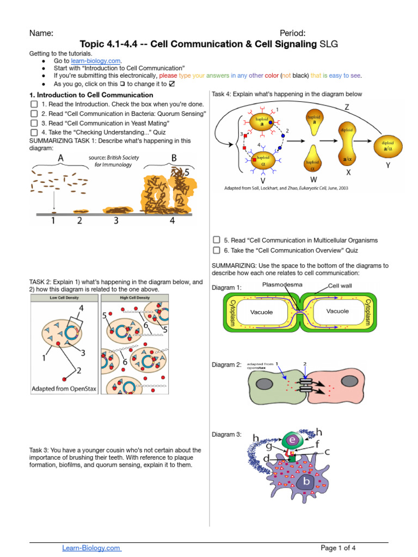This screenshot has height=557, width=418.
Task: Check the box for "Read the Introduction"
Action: pyautogui.click(x=34, y=104)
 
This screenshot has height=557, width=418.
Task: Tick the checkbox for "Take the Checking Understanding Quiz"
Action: pyautogui.click(x=34, y=132)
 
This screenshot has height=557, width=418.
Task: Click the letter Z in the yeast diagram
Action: pyautogui.click(x=347, y=108)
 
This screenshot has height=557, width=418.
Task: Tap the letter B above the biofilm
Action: pyautogui.click(x=174, y=158)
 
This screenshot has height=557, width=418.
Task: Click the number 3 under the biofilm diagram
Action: pyautogui.click(x=116, y=220)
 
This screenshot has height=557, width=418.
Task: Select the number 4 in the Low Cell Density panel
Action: pyautogui.click(x=81, y=308)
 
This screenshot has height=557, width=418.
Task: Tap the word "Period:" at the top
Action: pyautogui.click(x=292, y=33)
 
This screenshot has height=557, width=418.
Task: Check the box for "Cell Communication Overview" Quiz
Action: pyautogui.click(x=216, y=250)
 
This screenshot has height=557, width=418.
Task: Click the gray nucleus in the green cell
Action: pyautogui.click(x=266, y=384)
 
